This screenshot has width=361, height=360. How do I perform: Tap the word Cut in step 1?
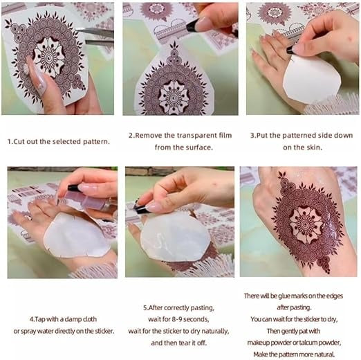tap(22, 141)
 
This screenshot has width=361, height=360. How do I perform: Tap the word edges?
tap(331, 296)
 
